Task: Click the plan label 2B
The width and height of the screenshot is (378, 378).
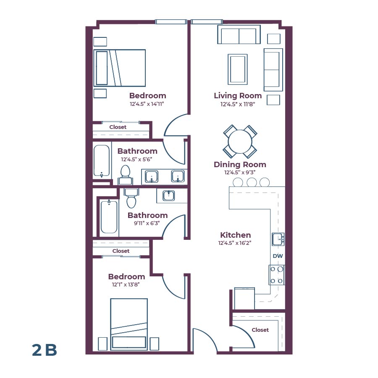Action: (x=44, y=350)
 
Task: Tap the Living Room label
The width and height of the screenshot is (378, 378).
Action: (x=238, y=96)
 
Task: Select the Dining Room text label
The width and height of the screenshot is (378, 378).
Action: (x=240, y=165)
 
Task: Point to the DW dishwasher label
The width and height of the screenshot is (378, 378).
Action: (x=277, y=256)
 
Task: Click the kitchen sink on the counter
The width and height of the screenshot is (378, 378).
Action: (x=278, y=239)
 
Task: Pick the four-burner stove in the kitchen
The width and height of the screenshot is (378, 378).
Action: (x=277, y=275)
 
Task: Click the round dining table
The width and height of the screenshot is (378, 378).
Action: (x=240, y=141)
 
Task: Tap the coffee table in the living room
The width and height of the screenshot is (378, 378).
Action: (x=237, y=69)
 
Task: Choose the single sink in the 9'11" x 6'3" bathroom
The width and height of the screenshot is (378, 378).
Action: (x=168, y=195)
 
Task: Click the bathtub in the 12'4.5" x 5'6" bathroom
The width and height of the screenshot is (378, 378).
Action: (x=101, y=161)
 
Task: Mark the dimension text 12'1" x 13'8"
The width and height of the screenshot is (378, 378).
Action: (x=126, y=284)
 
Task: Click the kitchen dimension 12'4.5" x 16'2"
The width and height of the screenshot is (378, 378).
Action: (x=235, y=243)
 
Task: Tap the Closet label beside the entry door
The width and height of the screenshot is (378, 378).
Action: (x=260, y=330)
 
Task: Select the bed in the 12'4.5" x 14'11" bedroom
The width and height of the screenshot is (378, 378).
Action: (x=120, y=68)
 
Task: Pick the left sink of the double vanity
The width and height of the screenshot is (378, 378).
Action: (x=151, y=176)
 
